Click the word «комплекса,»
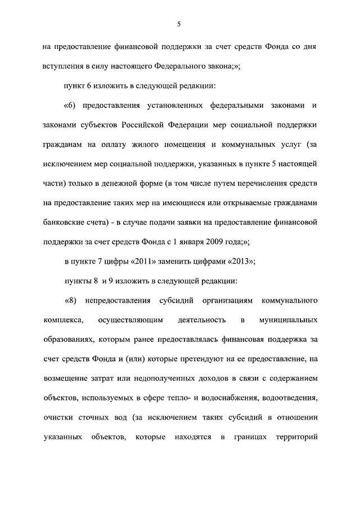[x=64, y=320]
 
